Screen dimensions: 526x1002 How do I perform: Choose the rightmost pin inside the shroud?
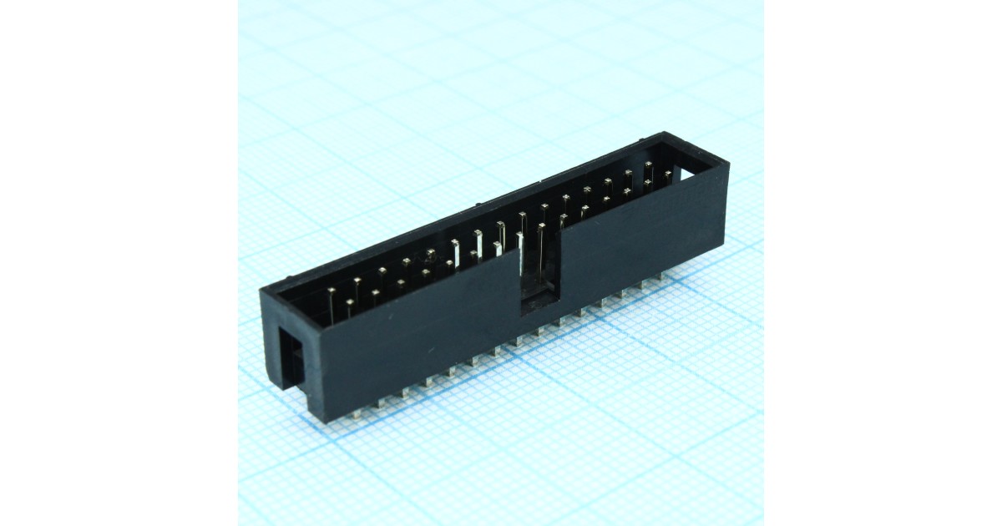tap(668, 174)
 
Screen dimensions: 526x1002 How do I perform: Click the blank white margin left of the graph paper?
tap(117, 263)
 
